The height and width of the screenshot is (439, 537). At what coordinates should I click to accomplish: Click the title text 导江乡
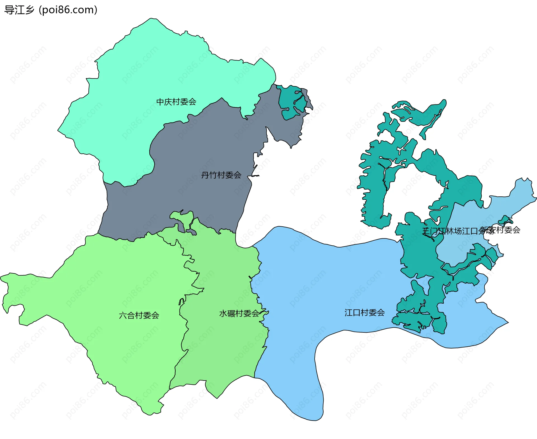tap(19, 10)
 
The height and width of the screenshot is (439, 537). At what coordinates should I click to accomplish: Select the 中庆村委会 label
tap(176, 102)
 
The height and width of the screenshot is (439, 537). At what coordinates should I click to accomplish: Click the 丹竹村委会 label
tap(221, 175)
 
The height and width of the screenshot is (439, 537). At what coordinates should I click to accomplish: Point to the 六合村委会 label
tap(139, 316)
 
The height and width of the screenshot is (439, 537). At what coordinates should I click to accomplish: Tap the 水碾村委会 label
tap(239, 314)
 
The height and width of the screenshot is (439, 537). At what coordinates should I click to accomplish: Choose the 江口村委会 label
tap(364, 313)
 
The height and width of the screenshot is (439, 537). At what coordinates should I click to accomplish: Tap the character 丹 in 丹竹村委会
tap(205, 175)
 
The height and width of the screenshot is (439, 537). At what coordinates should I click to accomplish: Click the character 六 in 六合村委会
tap(123, 316)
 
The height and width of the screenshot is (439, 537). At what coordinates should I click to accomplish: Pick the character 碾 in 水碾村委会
tap(231, 314)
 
